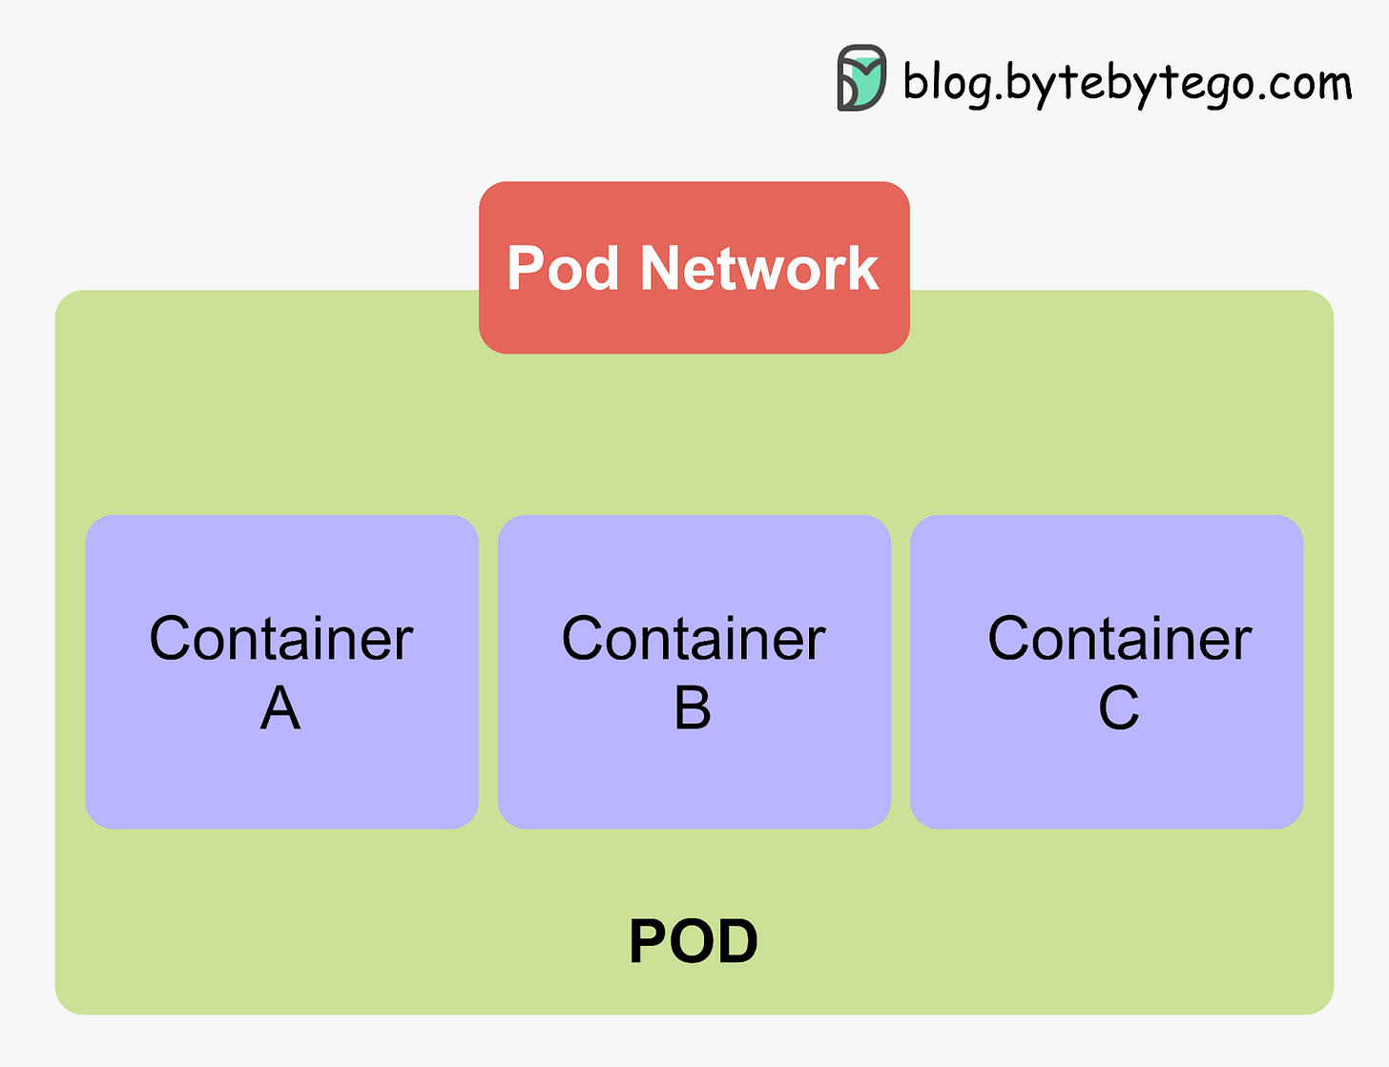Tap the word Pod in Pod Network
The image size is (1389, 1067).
(x=562, y=268)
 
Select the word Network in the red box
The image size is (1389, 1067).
(x=758, y=268)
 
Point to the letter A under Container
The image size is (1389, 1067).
(x=280, y=708)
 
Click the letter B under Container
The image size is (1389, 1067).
(x=693, y=708)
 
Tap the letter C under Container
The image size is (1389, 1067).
(x=1118, y=708)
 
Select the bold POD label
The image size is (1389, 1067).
(x=694, y=941)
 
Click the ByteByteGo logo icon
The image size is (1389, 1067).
(x=861, y=77)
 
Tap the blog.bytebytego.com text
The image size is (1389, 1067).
(x=1127, y=83)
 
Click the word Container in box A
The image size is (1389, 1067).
(x=281, y=638)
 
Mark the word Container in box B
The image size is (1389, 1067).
(x=694, y=638)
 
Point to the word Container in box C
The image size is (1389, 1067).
(x=1119, y=638)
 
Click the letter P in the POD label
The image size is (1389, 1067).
(x=650, y=941)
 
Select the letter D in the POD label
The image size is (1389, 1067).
(x=737, y=941)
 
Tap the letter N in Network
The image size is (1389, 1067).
(x=661, y=268)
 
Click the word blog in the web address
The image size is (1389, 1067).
(x=941, y=83)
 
